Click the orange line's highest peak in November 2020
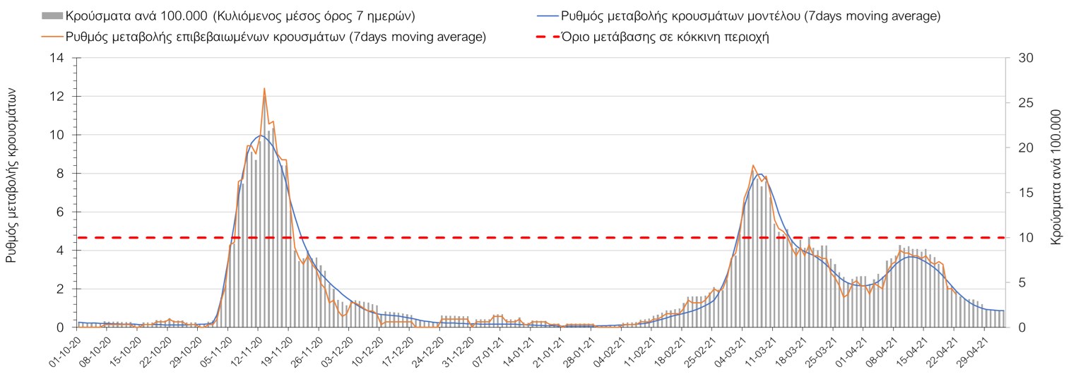264,88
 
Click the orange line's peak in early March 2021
753,165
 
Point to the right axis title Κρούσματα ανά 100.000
1057,177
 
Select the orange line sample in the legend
52,37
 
